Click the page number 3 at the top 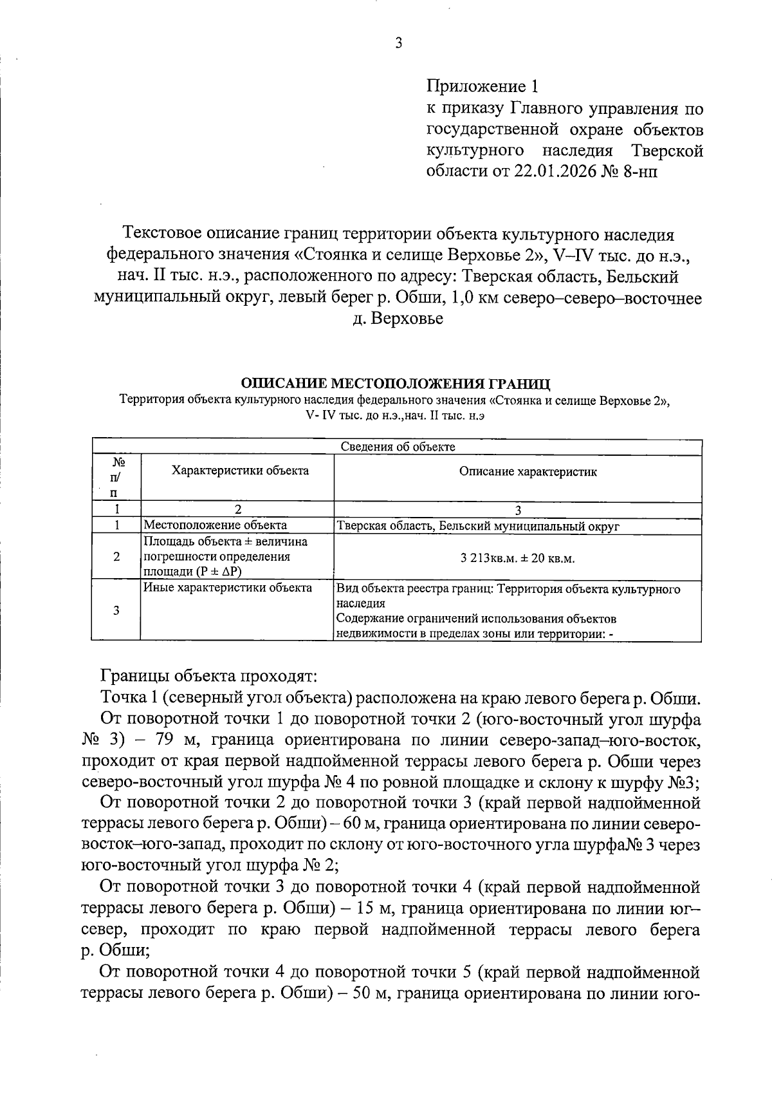(x=398, y=43)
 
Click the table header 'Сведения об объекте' (x=397, y=446)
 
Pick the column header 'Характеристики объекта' (x=240, y=471)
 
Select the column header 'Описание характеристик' (x=528, y=472)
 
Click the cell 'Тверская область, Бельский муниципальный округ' (x=478, y=526)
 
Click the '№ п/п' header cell (x=116, y=478)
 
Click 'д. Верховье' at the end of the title (x=398, y=319)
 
